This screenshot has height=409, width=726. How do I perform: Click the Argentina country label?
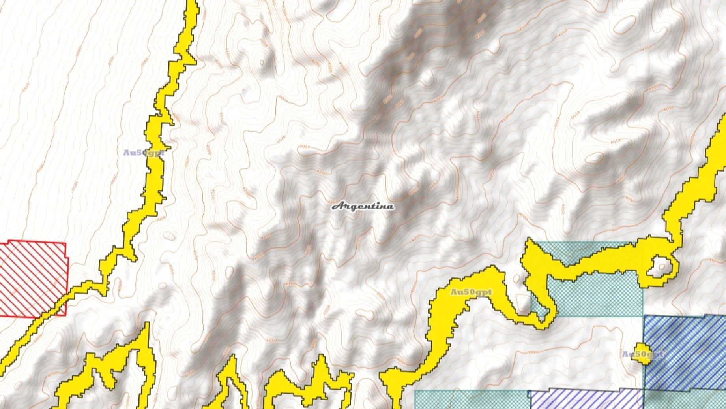tap(362, 206)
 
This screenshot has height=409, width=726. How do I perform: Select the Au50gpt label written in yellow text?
tap(471, 292)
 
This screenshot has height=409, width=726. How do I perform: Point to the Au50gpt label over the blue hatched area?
tap(642, 354)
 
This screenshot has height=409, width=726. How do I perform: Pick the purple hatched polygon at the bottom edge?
tap(584, 399)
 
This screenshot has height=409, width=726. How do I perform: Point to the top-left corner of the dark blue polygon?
tap(645, 316)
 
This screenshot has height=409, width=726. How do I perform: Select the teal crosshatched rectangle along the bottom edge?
tap(470, 400)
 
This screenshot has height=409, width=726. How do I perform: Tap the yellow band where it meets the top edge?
tap(191, 2)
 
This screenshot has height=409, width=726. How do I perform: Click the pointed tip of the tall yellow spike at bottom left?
tap(148, 324)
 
